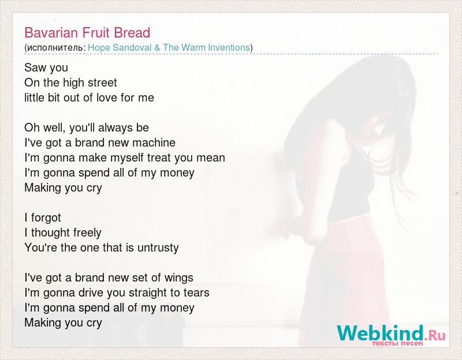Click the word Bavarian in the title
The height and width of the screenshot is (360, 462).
(51, 32)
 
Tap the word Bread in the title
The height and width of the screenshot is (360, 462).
(132, 32)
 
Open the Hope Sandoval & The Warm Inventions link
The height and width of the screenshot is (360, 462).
(169, 47)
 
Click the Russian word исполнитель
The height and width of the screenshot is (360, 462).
(55, 48)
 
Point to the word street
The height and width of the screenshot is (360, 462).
(102, 82)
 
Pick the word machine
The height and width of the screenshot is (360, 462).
(154, 142)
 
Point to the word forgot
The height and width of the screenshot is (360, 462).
(46, 218)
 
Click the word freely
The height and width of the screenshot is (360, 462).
(87, 233)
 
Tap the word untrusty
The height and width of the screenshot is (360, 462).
(158, 248)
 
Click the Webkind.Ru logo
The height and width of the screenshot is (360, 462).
(392, 335)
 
